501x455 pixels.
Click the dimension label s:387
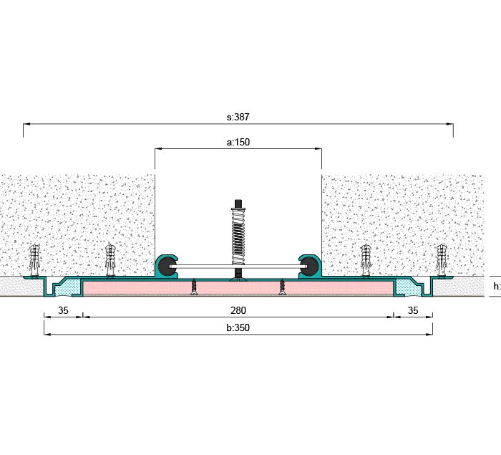238,115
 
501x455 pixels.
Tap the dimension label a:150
238,142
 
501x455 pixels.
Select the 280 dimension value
238,310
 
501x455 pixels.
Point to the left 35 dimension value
63,310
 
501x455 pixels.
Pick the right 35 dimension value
412,310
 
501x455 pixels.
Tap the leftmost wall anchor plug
34,259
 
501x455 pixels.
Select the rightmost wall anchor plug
442,259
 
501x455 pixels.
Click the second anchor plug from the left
110,259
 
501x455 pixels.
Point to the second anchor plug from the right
366,259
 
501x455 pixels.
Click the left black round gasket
167,267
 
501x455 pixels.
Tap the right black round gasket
309,267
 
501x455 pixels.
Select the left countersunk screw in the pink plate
193,287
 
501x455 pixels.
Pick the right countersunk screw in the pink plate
282,287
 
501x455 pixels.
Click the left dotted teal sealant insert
69,287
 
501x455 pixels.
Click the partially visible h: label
496,286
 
